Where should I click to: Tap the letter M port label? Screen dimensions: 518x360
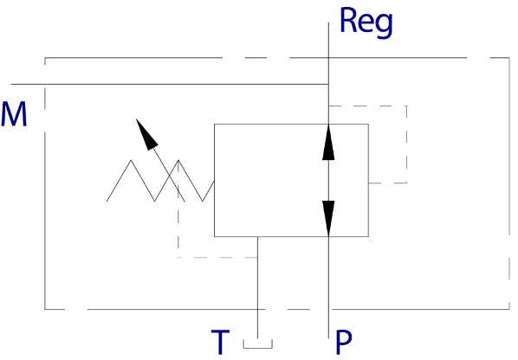14,114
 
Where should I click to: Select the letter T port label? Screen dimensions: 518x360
220,342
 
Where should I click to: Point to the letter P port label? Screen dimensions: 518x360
344,342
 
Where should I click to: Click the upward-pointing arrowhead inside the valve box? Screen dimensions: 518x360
328,143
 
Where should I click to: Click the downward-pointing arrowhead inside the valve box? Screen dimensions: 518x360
328,218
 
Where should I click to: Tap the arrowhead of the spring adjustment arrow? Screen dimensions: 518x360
146,135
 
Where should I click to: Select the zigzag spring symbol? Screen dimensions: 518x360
160,181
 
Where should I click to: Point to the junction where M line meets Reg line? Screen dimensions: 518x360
328,84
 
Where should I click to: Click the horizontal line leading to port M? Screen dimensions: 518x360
170,84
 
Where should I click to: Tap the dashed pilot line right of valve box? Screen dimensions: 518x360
406,145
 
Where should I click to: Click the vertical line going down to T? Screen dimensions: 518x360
257,287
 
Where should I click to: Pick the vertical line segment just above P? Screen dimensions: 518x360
328,287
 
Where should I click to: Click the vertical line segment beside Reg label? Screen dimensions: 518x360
328,74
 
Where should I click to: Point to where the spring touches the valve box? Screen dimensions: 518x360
215,181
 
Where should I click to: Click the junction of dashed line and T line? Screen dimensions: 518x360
257,257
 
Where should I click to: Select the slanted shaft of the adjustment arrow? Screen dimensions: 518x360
169,176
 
